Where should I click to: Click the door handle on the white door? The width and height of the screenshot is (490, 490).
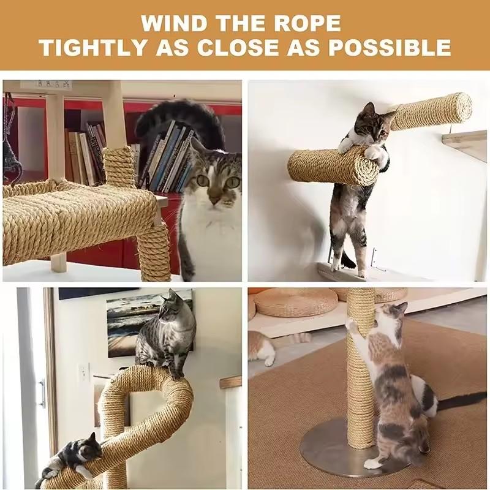click(x=42, y=393)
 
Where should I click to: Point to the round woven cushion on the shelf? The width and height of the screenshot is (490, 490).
click(x=295, y=301)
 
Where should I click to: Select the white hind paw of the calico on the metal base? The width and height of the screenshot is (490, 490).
click(x=374, y=463)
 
